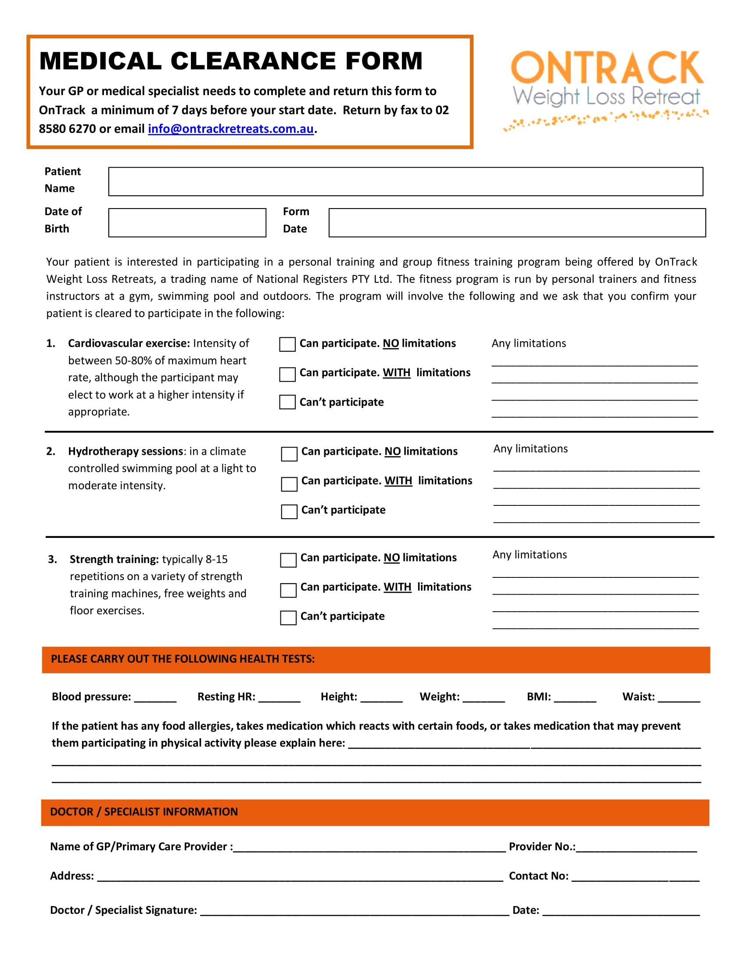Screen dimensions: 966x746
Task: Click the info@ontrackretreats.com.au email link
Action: pyautogui.click(x=230, y=129)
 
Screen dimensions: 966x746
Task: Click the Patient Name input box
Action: pyautogui.click(x=405, y=181)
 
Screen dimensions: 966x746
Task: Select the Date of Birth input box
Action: pyautogui.click(x=187, y=223)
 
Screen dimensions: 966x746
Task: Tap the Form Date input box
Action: pyautogui.click(x=516, y=223)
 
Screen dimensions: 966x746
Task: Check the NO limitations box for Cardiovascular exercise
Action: pyautogui.click(x=287, y=345)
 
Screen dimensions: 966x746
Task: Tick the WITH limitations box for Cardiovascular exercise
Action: pyautogui.click(x=287, y=374)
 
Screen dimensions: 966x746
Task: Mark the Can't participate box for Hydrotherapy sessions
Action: pyautogui.click(x=289, y=512)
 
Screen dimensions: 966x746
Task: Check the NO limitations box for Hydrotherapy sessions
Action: pyautogui.click(x=289, y=454)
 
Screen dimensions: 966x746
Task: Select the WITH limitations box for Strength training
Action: pyautogui.click(x=288, y=590)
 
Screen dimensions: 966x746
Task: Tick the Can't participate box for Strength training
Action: pyautogui.click(x=288, y=618)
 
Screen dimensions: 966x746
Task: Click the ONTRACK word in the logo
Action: pyautogui.click(x=606, y=68)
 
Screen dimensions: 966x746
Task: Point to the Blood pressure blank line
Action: pyautogui.click(x=155, y=699)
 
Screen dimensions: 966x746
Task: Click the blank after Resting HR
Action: pyautogui.click(x=279, y=699)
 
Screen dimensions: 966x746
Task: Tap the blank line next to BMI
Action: pyautogui.click(x=574, y=699)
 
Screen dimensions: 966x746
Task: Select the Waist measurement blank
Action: pyautogui.click(x=679, y=699)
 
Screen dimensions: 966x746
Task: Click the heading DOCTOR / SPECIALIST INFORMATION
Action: pyautogui.click(x=143, y=811)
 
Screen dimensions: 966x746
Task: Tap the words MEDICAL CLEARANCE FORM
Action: pyautogui.click(x=231, y=61)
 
